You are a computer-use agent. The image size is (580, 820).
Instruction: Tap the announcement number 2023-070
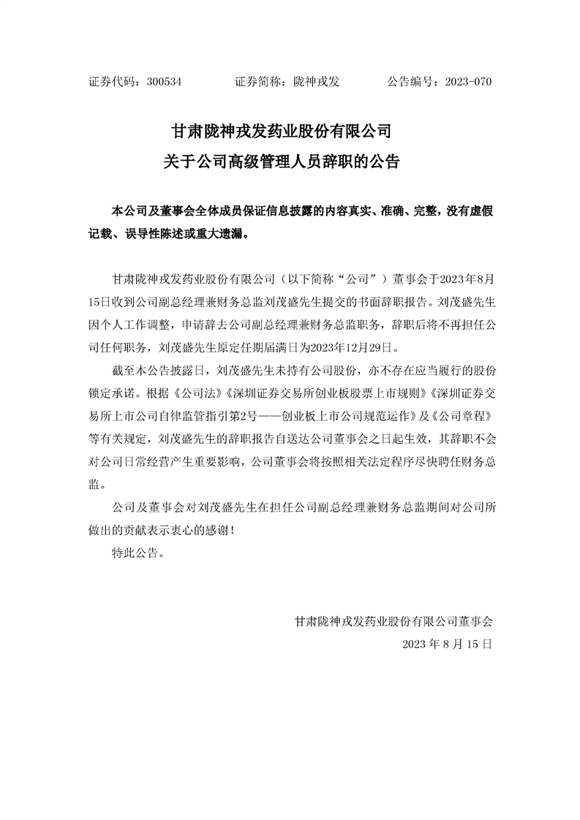pyautogui.click(x=467, y=82)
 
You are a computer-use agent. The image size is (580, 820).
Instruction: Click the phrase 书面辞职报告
pyautogui.click(x=399, y=300)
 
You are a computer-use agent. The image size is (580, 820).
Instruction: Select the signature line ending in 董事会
pyautogui.click(x=393, y=622)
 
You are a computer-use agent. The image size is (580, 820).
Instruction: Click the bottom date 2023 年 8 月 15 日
pyautogui.click(x=447, y=645)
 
